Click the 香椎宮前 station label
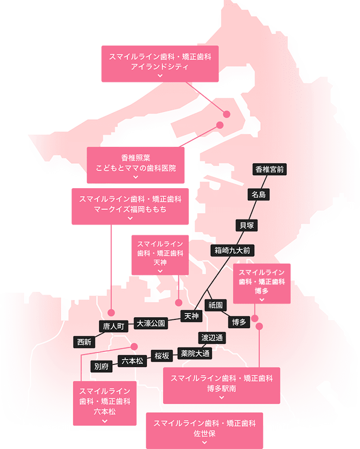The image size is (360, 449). [269, 169]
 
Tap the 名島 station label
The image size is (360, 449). [258, 194]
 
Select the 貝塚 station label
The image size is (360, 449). [247, 224]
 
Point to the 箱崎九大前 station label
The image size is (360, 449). [232, 251]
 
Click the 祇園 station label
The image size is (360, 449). [215, 305]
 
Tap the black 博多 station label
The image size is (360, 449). [239, 322]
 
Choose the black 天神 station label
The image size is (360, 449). [192, 316]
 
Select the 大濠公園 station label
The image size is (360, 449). [151, 323]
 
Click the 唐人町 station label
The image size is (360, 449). [114, 326]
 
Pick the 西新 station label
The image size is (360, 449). [84, 342]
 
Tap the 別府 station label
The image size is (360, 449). [101, 366]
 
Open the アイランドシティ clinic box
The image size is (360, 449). [159, 64]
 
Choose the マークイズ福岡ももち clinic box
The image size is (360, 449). [130, 206]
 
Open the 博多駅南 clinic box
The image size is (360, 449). [221, 386]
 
